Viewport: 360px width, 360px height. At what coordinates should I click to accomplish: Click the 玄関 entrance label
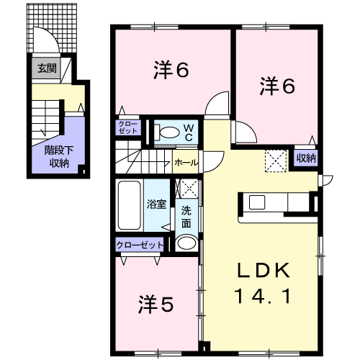(47, 68)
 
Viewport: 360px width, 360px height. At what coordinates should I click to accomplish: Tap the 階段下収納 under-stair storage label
(59, 157)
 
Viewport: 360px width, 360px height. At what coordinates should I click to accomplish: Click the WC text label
(189, 132)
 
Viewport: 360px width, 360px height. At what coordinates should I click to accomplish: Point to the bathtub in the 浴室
(130, 205)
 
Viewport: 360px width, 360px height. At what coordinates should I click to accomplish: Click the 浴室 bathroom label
(156, 204)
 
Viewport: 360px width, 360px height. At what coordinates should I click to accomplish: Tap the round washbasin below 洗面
(186, 243)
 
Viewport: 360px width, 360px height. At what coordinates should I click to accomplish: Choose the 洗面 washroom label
(186, 217)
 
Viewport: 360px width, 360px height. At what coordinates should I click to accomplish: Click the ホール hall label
(186, 163)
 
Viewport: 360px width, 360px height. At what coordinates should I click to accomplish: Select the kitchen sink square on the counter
(257, 202)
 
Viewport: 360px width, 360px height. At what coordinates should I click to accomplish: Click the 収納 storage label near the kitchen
(306, 158)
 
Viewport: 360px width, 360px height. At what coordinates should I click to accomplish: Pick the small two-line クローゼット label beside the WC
(128, 127)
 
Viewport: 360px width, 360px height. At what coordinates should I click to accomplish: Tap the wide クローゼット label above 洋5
(140, 245)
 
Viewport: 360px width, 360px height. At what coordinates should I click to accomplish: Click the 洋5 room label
(156, 305)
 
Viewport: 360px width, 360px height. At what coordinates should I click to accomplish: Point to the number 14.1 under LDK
(264, 296)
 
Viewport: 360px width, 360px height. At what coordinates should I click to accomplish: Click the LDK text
(264, 270)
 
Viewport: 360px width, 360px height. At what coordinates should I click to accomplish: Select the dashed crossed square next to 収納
(276, 161)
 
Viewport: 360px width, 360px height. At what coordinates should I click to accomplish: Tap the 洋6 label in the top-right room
(277, 86)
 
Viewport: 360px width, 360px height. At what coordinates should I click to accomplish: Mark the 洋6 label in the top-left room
(171, 70)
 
